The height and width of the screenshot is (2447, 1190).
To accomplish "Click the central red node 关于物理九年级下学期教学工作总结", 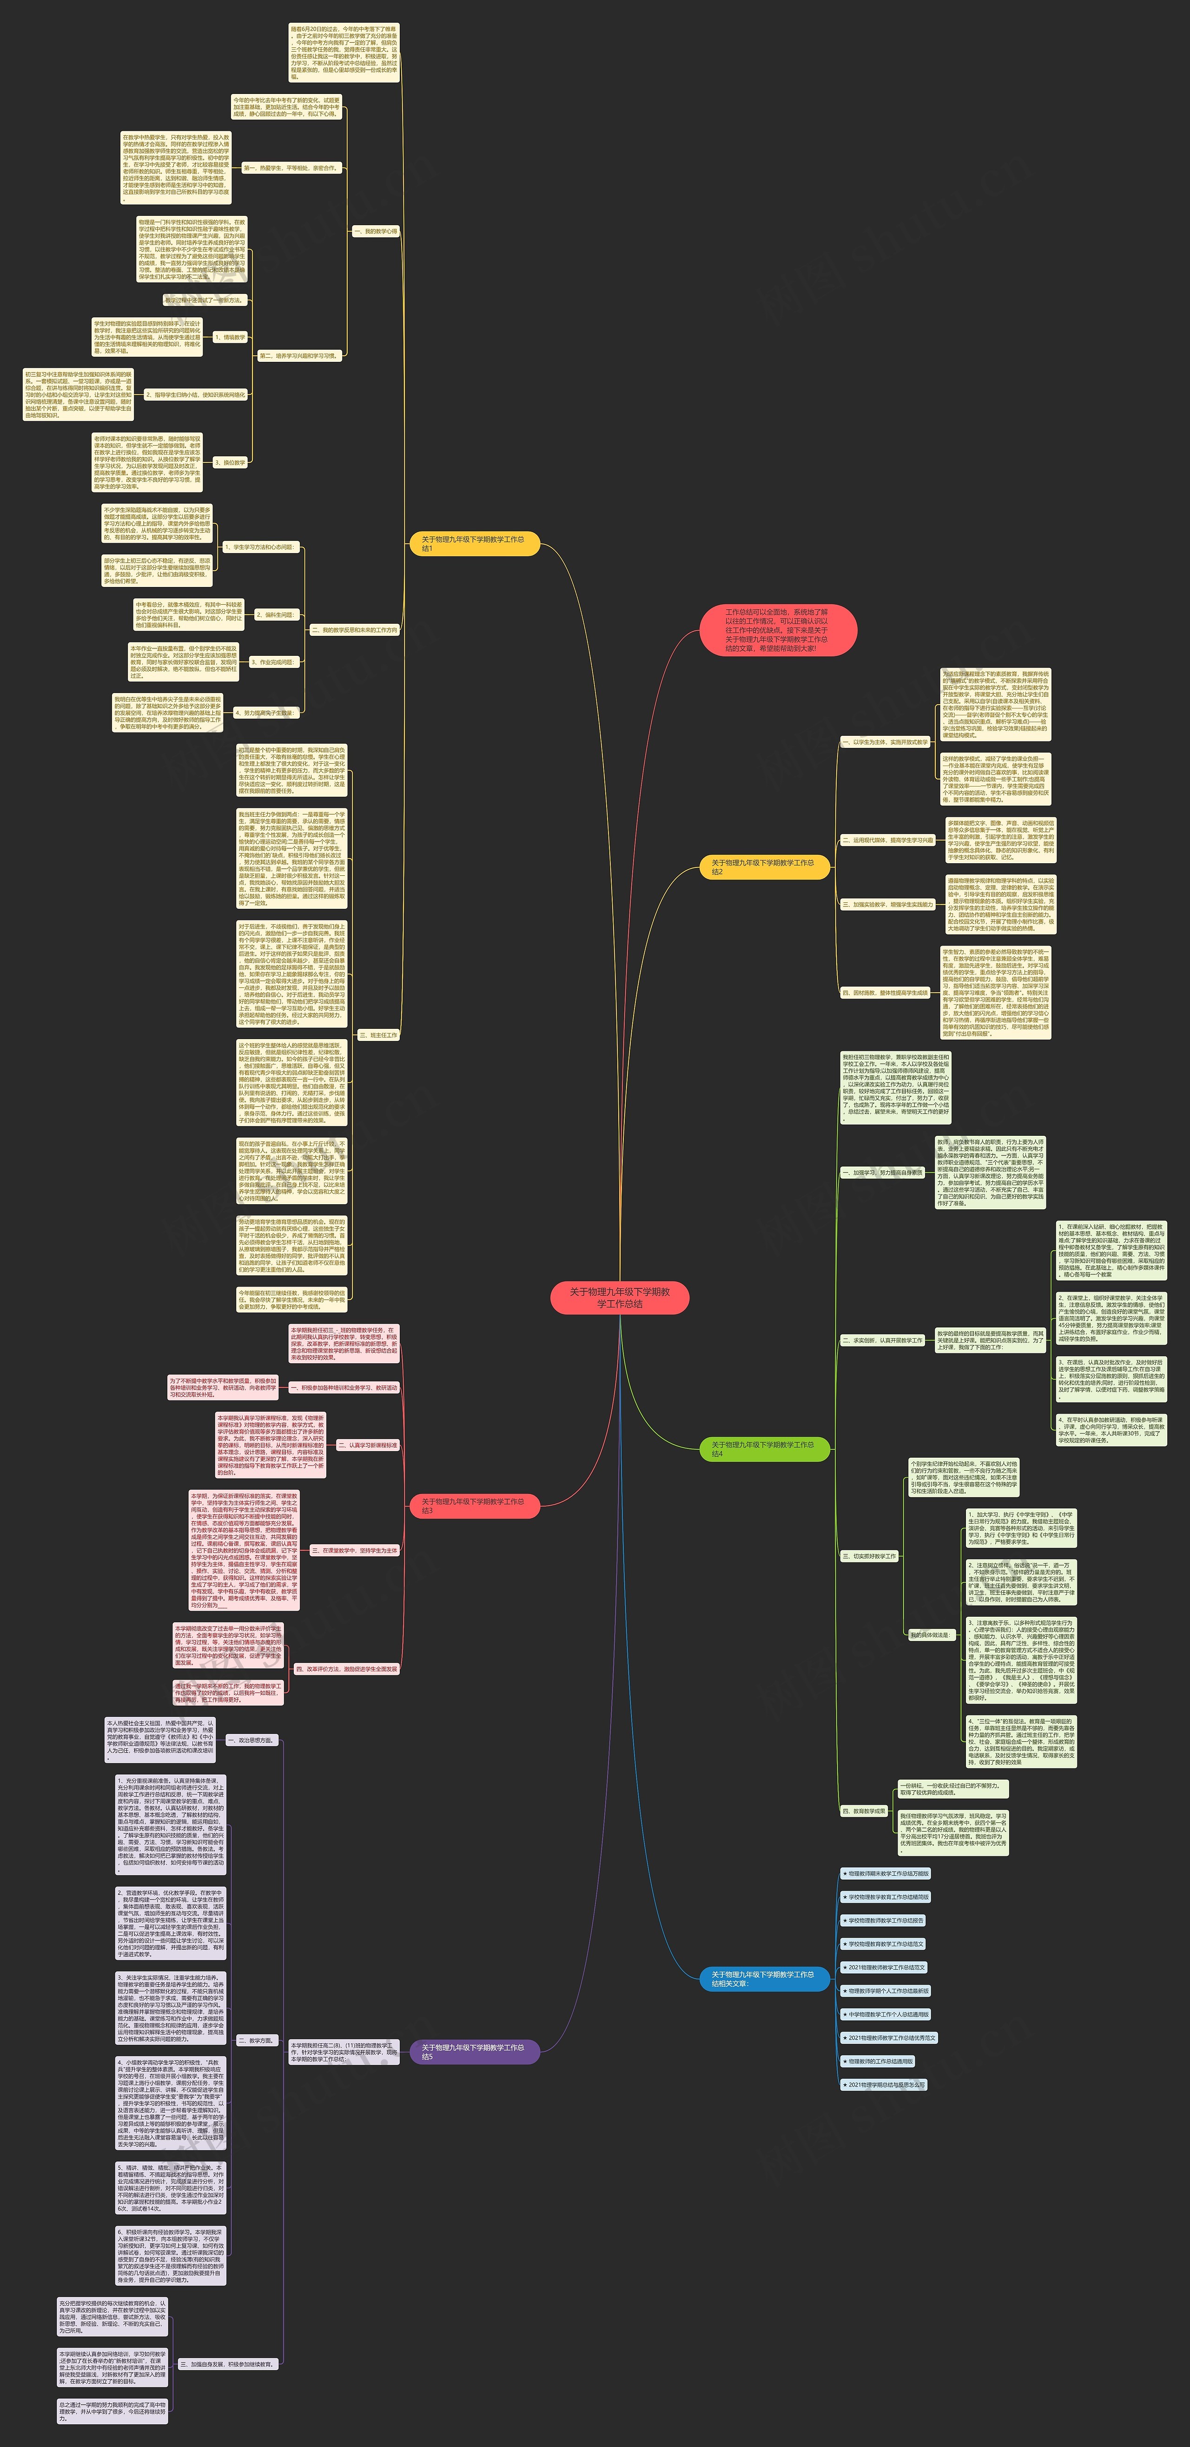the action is [x=619, y=1298].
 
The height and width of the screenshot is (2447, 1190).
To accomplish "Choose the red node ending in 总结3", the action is [x=473, y=1506].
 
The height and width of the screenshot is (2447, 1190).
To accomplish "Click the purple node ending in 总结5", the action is [x=473, y=2052].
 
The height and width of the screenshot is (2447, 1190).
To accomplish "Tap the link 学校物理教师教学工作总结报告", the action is [x=883, y=1921].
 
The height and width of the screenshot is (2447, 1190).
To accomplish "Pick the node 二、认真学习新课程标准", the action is [x=368, y=1445].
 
